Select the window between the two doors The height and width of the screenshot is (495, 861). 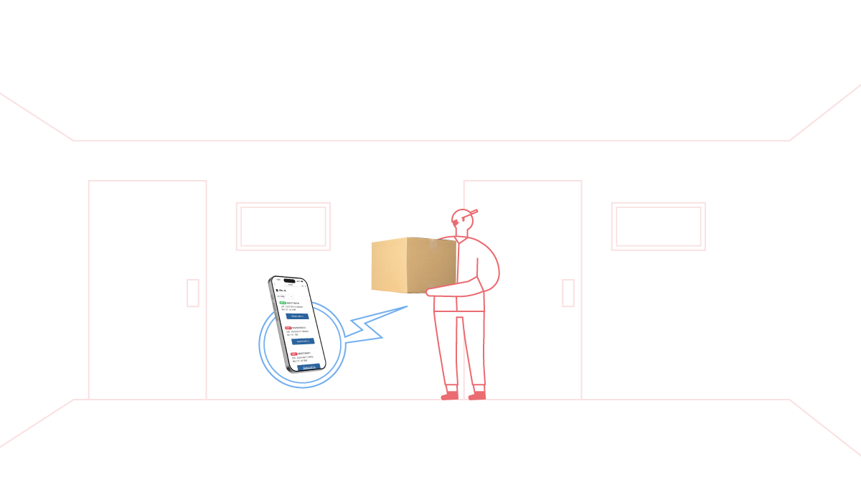coord(283,226)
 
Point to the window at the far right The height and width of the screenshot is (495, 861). coord(658,226)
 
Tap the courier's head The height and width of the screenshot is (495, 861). coord(462,220)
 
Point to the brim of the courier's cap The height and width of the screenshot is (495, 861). coord(472,212)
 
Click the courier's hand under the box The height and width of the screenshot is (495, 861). coord(431,292)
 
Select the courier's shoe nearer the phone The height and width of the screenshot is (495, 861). coord(449,393)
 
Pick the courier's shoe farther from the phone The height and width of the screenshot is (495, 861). coord(477,393)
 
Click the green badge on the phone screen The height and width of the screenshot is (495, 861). coord(283,303)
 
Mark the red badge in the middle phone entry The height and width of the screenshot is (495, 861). coord(288,328)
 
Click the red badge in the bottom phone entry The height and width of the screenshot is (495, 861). coord(294,354)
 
